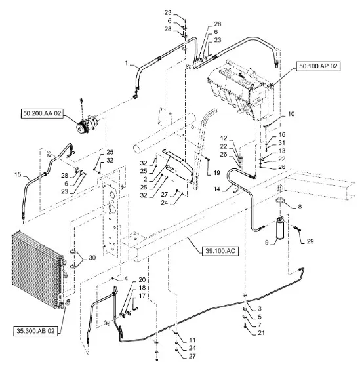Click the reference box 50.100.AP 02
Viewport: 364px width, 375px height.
[x=318, y=66]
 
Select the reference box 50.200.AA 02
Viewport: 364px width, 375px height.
[x=42, y=113]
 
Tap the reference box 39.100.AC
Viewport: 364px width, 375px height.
[x=220, y=251]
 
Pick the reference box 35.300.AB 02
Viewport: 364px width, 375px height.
[x=35, y=331]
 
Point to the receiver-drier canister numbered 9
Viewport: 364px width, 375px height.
[x=279, y=229]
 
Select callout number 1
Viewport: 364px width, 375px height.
[x=127, y=63]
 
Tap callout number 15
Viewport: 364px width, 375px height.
[x=18, y=174]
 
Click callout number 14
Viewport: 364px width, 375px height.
[x=217, y=189]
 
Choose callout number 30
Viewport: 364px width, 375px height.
[x=92, y=258]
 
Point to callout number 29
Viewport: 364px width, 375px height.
[x=310, y=241]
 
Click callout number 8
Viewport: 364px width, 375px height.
[x=300, y=207]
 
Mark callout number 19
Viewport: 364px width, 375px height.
[x=217, y=172]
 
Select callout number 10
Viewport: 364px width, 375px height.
[x=291, y=114]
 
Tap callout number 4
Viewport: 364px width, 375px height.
[x=126, y=279]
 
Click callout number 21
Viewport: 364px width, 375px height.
[x=261, y=332]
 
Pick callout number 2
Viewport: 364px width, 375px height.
[x=146, y=179]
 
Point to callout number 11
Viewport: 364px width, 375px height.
[x=192, y=340]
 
